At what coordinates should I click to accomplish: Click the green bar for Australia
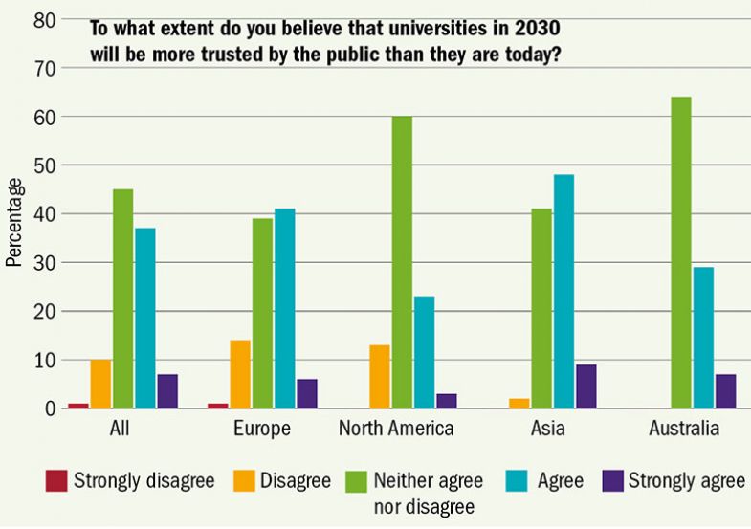[x=680, y=253]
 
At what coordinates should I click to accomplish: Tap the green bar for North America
[x=401, y=262]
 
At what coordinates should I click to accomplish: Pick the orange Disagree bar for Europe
[x=240, y=374]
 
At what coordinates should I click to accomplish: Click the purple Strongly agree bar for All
[x=166, y=391]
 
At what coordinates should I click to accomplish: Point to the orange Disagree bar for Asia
[x=519, y=404]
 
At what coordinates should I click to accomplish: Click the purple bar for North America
[x=447, y=401]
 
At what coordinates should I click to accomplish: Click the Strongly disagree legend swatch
[x=56, y=479]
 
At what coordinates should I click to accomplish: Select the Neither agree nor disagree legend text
[x=428, y=490]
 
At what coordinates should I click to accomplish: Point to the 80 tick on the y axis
[x=44, y=19]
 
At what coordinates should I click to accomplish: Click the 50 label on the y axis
[x=44, y=165]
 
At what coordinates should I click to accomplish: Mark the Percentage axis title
[x=13, y=221]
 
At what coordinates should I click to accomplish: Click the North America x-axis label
[x=396, y=429]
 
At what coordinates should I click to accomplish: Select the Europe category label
[x=262, y=429]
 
